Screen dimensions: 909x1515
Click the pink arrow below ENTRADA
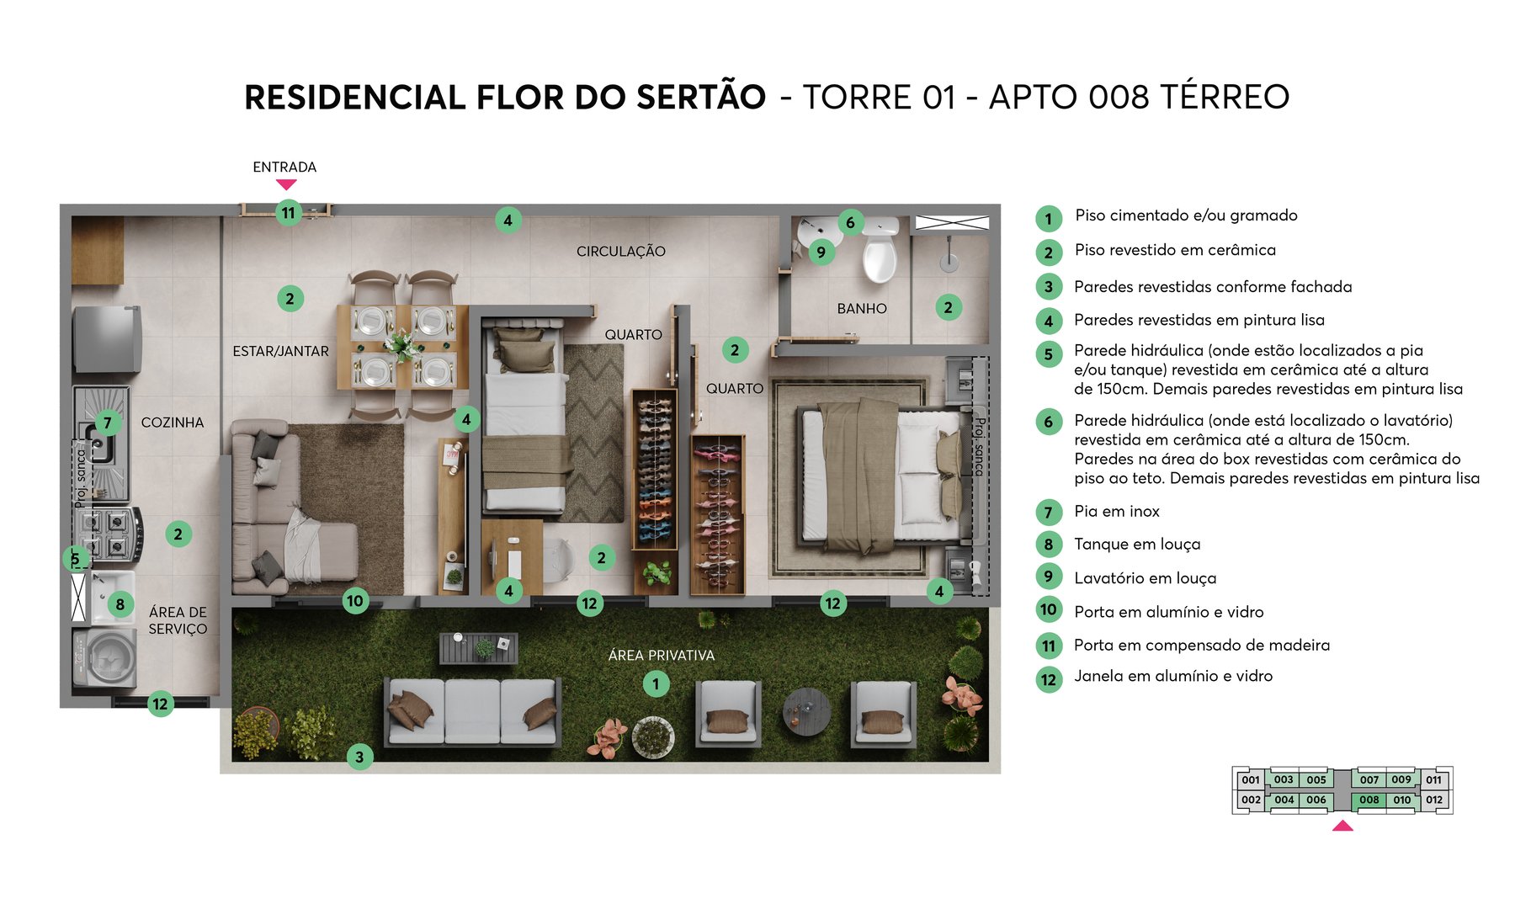[x=286, y=184]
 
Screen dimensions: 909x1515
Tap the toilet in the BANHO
[x=880, y=252]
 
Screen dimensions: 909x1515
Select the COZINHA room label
[x=173, y=423]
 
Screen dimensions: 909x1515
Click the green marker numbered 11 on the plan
[x=289, y=213]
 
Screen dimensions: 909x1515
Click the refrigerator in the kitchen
[x=107, y=338]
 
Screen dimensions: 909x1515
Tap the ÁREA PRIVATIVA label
[x=661, y=656]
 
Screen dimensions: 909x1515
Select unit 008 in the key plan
[x=1369, y=800]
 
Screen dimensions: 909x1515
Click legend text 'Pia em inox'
[x=1117, y=512]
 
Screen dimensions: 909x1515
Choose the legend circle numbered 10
[x=1048, y=610]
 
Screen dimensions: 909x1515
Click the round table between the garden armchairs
[x=806, y=711]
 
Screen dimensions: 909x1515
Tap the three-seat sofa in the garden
[x=472, y=711]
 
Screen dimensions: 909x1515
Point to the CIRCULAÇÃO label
[x=621, y=252]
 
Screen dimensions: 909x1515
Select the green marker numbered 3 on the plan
[x=359, y=757]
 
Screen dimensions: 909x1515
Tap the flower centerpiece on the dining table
[x=402, y=345]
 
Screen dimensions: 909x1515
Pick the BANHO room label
[x=862, y=309]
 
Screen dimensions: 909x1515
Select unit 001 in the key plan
[x=1251, y=780]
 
